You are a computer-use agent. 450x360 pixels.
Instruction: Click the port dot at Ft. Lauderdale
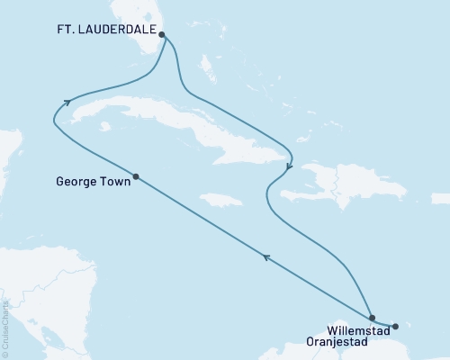pos(162,35)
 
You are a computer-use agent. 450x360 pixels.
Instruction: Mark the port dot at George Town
pos(136,176)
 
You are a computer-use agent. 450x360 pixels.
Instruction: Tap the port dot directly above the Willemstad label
pos(372,318)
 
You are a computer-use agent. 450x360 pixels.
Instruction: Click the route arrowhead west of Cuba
pos(67,103)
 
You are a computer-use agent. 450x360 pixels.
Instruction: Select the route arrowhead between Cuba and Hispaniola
pos(288,166)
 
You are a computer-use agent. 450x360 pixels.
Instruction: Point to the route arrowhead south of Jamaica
pos(265,258)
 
